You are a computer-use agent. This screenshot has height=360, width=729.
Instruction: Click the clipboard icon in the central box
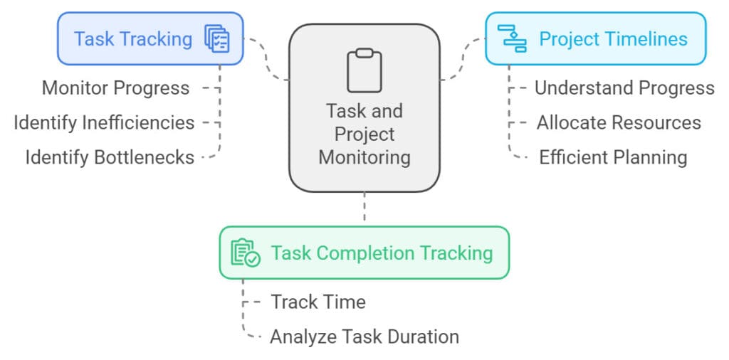click(x=364, y=70)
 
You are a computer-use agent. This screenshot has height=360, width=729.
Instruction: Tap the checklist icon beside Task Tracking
click(x=217, y=38)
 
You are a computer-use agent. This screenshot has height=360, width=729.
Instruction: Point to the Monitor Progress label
click(x=116, y=88)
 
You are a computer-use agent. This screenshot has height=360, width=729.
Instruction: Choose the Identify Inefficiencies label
click(x=104, y=122)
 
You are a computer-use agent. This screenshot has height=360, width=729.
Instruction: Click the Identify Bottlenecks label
click(x=110, y=157)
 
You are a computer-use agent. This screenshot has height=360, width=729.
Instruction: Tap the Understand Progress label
click(x=624, y=88)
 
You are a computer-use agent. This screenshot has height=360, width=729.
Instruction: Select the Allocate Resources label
click(x=619, y=122)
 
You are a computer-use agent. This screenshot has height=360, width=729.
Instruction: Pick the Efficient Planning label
click(x=613, y=157)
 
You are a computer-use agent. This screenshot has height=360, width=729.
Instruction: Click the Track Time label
click(x=318, y=302)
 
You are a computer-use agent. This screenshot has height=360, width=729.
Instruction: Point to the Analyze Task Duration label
click(x=364, y=336)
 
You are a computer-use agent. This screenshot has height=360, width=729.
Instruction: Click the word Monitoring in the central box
click(x=364, y=157)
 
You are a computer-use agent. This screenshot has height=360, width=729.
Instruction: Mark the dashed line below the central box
click(x=364, y=208)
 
